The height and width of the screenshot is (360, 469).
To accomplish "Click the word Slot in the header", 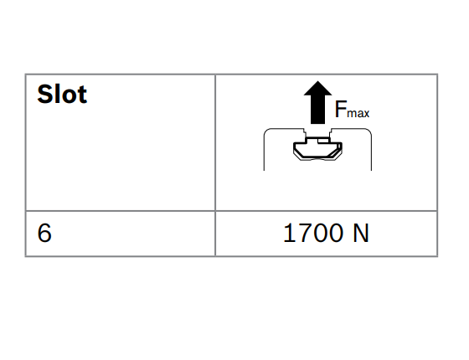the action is pyautogui.click(x=62, y=94).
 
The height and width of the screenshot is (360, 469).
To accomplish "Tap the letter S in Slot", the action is pyautogui.click(x=44, y=94).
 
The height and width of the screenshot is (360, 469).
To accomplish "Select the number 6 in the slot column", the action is pyautogui.click(x=44, y=233).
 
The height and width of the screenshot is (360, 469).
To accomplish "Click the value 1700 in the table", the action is pyautogui.click(x=313, y=233).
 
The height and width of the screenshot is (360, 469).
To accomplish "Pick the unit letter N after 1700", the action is pyautogui.click(x=361, y=233).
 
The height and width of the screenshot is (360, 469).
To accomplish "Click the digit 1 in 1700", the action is pyautogui.click(x=289, y=233).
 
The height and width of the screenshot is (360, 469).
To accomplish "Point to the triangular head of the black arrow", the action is pyautogui.click(x=317, y=89).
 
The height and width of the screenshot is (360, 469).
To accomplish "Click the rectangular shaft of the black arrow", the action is pyautogui.click(x=317, y=110).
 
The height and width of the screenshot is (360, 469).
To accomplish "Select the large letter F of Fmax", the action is pyautogui.click(x=341, y=109).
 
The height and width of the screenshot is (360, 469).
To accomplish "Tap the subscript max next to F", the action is pyautogui.click(x=358, y=113).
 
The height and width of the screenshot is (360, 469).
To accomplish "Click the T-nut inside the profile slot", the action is pyautogui.click(x=317, y=149).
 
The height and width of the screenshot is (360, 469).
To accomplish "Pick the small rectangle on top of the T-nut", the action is pyautogui.click(x=323, y=141).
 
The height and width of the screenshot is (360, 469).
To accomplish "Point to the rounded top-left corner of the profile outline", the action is pyautogui.click(x=266, y=131).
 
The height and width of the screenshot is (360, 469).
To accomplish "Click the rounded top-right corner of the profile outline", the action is pyautogui.click(x=369, y=131).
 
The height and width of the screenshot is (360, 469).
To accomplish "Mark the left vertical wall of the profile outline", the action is pyautogui.click(x=264, y=152).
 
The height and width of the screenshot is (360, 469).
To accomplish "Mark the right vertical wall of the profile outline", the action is pyautogui.click(x=372, y=152).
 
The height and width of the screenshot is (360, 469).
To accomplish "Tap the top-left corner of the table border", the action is pyautogui.click(x=26, y=75).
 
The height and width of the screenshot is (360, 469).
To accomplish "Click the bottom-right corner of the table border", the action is pyautogui.click(x=437, y=256).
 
